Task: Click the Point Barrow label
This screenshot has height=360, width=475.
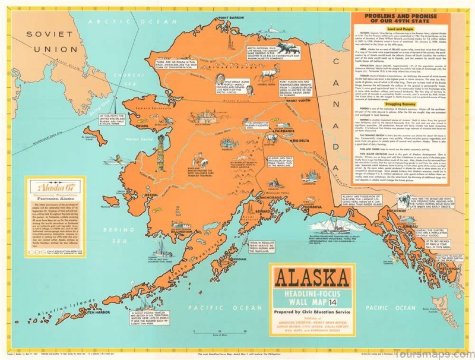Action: coord(232,17)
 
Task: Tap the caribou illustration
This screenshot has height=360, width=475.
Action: coord(270,74)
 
